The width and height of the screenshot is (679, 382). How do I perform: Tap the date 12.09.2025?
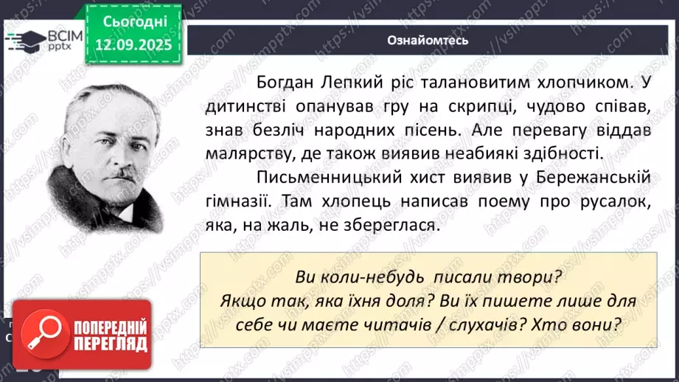tap(128, 44)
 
